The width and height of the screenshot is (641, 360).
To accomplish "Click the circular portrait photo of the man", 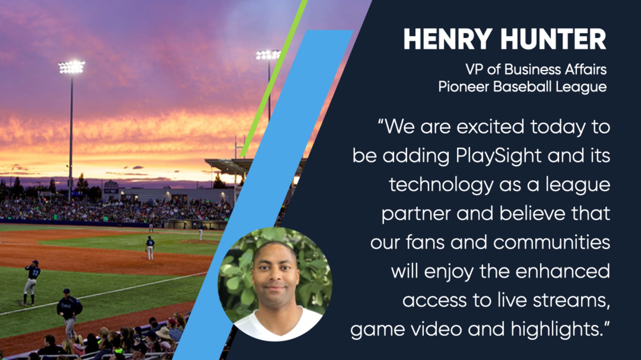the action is [275, 284].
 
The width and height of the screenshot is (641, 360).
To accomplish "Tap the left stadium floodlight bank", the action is [71, 67].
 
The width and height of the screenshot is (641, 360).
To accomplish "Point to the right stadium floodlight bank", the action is [268, 55].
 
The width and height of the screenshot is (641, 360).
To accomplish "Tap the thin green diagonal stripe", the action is [273, 78].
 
